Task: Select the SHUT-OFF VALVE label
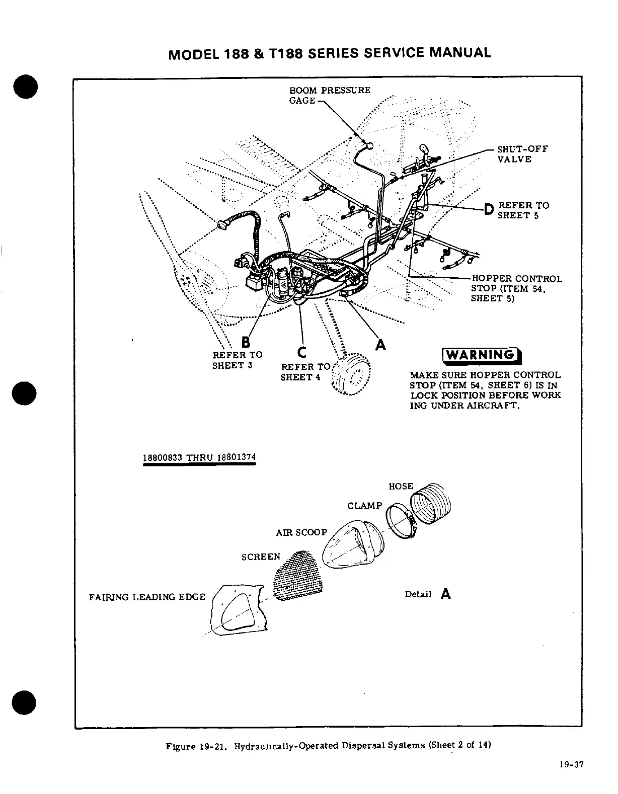(x=522, y=154)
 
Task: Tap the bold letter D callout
(x=487, y=210)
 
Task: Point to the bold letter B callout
(x=246, y=343)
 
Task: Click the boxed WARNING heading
(x=481, y=356)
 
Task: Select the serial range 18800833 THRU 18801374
(x=199, y=457)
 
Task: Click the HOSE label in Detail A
(x=401, y=487)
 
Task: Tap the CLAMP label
(x=364, y=506)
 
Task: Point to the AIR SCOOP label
(x=301, y=532)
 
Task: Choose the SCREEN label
(x=260, y=557)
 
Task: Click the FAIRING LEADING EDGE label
(x=147, y=597)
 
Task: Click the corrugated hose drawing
(x=431, y=504)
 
